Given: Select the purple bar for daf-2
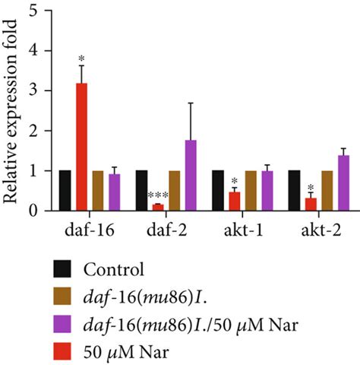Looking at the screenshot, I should click(x=191, y=176).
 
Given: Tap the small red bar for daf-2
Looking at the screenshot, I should click(x=157, y=207).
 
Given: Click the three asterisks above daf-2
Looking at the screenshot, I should click(x=156, y=196).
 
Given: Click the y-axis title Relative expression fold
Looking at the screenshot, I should click(x=11, y=111).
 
